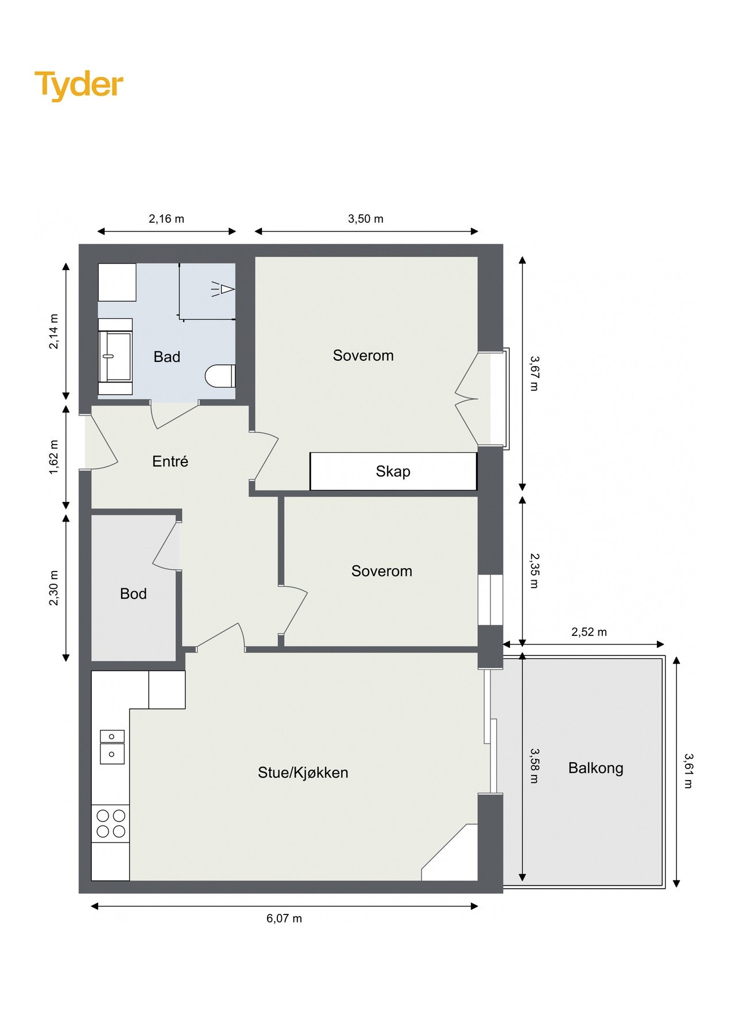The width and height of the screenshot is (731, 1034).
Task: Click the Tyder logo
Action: (79, 85)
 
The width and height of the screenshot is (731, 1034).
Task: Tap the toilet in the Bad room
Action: (221, 376)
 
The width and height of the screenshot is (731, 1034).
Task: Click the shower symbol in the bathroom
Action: (223, 288)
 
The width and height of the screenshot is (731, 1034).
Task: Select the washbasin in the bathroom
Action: (115, 356)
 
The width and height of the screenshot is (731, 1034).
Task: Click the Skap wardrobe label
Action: (393, 472)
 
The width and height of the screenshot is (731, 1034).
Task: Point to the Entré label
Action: (170, 461)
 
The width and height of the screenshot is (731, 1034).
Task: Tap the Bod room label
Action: (133, 593)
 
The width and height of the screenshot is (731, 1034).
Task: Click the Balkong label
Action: (595, 768)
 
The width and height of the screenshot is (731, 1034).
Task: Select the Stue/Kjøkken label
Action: (303, 773)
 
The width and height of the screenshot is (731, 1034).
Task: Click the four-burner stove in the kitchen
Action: (111, 823)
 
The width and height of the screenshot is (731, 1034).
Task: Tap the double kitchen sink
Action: (112, 746)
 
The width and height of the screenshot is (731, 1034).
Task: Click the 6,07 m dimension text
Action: (284, 919)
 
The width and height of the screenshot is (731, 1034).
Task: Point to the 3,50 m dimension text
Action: (365, 219)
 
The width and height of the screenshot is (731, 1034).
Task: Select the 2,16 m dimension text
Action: (166, 219)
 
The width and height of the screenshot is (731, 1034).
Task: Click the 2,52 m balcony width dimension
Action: (589, 632)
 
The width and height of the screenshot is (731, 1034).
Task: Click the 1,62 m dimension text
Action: (54, 457)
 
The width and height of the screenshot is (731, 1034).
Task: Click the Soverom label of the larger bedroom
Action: (363, 356)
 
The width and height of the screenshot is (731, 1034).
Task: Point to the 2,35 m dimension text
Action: (534, 570)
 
